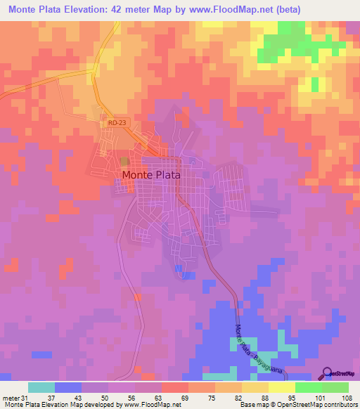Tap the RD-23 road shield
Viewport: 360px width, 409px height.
click(117, 122)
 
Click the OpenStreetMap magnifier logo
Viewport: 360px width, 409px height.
click(328, 374)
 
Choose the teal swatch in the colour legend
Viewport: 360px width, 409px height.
click(41, 387)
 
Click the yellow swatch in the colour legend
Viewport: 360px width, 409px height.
click(282, 387)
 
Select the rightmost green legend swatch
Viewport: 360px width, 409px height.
click(335, 387)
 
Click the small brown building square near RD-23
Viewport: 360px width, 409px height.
click(124, 162)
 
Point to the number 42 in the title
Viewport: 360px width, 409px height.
click(122, 10)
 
